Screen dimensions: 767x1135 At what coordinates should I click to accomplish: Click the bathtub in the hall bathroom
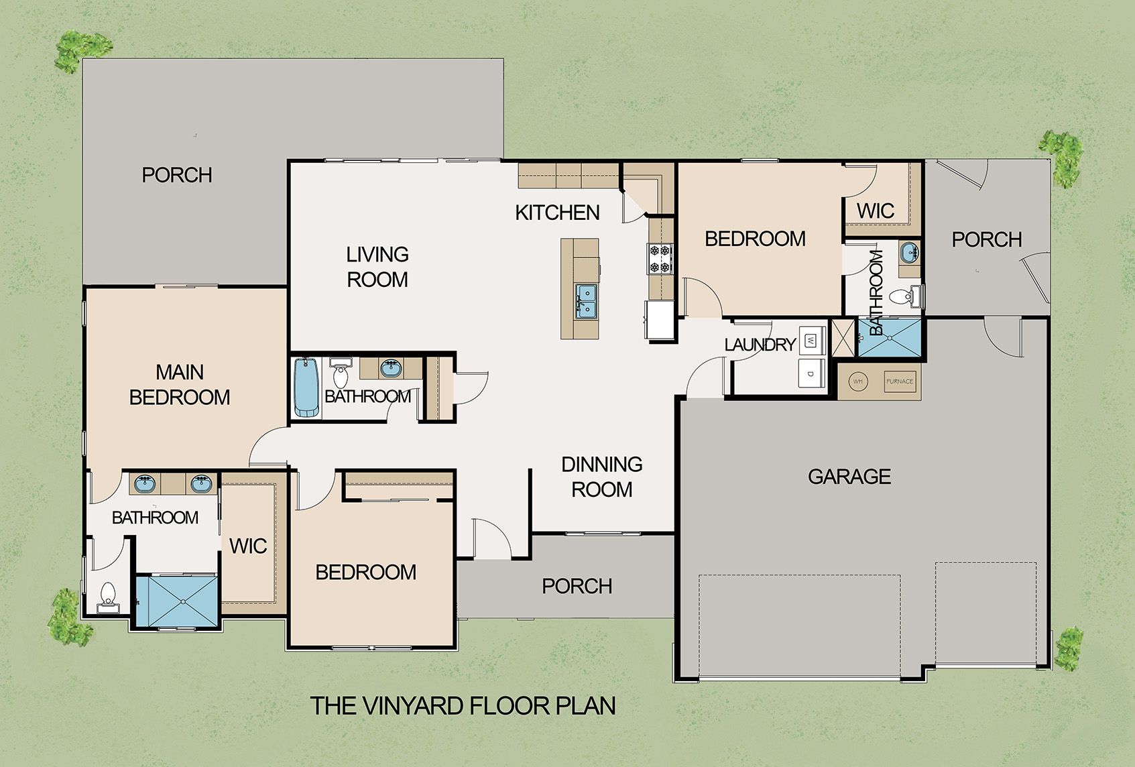pos(307,388)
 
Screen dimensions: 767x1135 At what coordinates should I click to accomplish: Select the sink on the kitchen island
pos(586,300)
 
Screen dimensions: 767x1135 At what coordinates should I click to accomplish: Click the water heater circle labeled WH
pos(857,381)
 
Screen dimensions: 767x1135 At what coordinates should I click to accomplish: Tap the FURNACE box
pos(900,381)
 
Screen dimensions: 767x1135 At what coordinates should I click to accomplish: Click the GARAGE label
pos(849,477)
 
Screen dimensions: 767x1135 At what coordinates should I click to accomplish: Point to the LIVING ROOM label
pos(377,267)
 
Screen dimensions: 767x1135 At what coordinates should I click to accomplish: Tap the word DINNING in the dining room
pos(601,464)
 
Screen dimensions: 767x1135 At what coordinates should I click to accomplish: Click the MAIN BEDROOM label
pos(180,385)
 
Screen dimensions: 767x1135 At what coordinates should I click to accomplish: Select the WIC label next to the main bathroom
pos(248,546)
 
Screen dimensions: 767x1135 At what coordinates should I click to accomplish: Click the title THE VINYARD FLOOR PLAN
pos(463,706)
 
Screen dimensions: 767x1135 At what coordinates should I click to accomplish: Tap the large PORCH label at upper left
pos(177,175)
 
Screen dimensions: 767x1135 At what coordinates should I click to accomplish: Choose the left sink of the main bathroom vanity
pos(144,484)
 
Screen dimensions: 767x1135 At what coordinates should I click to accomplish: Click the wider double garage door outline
pos(799,625)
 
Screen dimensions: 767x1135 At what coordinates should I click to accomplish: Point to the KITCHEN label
pos(557,213)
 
